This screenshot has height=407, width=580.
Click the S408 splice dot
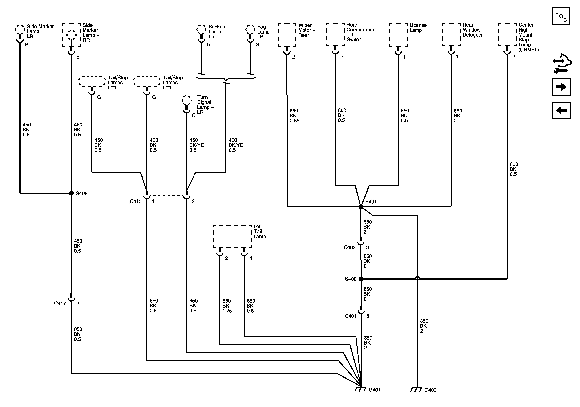[x=72, y=193]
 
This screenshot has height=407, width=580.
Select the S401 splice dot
[x=361, y=207]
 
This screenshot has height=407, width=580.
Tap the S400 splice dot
[x=361, y=279]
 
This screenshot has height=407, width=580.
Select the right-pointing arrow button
[x=561, y=87]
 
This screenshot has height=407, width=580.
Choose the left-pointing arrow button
[x=561, y=110]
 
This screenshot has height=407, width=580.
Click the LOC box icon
[x=561, y=16]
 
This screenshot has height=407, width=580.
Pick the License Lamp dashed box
[x=398, y=35]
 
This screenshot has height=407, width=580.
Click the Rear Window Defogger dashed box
[x=451, y=35]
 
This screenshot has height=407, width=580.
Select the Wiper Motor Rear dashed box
[x=287, y=35]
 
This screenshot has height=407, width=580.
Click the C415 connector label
[x=136, y=201]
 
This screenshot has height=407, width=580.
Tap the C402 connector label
[x=350, y=247]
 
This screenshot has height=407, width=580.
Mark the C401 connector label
[x=351, y=316]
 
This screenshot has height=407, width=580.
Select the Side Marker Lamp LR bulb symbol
[x=20, y=30]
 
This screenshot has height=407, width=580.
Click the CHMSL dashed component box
[x=507, y=35]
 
